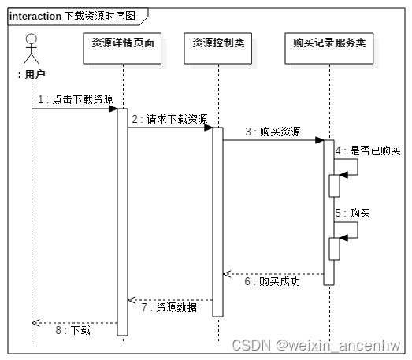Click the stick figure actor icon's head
(x=32, y=39)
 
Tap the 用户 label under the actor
(x=32, y=74)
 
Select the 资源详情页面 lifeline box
(x=122, y=49)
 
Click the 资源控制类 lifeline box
(x=218, y=49)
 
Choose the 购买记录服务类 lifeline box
(x=328, y=49)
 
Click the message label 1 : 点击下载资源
(x=75, y=99)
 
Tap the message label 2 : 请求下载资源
(x=169, y=118)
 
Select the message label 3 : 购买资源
(x=273, y=132)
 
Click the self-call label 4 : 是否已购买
(x=367, y=150)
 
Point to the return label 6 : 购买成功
(x=273, y=281)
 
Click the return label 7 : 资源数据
(x=169, y=307)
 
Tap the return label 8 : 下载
(x=75, y=329)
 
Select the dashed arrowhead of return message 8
(x=35, y=321)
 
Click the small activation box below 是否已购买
(x=334, y=186)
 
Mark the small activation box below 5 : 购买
(x=334, y=248)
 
